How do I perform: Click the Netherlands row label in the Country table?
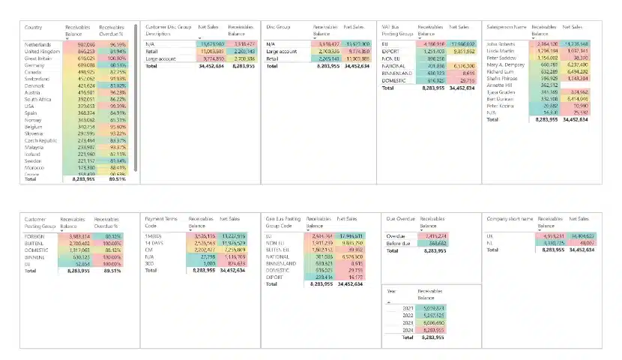click(39, 45)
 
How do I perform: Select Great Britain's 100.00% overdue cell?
click(112, 58)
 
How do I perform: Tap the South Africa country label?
click(40, 99)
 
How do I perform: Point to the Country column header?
click(34, 28)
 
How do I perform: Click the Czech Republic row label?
click(40, 140)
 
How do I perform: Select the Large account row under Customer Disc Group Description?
click(162, 58)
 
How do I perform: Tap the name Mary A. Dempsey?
click(507, 64)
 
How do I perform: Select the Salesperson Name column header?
click(507, 28)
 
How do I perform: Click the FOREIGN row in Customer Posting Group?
click(37, 235)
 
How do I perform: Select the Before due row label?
click(399, 243)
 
